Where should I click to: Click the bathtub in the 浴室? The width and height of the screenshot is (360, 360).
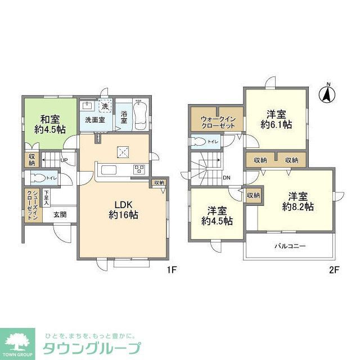(x=141, y=115)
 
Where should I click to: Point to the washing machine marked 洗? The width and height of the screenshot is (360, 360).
(x=105, y=106)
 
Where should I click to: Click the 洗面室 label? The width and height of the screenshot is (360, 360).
(x=94, y=120)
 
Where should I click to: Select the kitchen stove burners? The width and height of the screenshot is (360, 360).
(x=139, y=169)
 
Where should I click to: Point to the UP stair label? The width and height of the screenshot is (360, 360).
(x=64, y=161)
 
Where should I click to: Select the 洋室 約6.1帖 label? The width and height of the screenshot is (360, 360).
(x=275, y=120)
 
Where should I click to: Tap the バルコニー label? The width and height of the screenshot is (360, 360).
(x=290, y=246)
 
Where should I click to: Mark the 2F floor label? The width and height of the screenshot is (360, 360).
(x=334, y=269)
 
